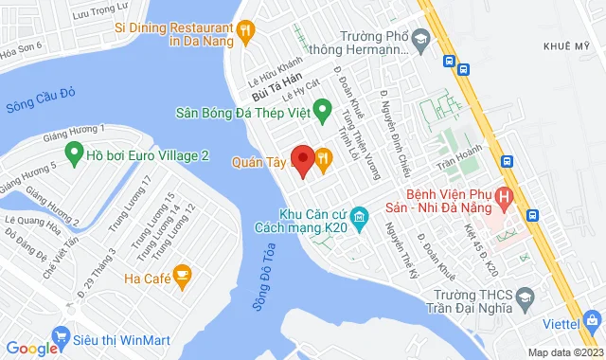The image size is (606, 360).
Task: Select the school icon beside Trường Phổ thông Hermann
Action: click(422, 40)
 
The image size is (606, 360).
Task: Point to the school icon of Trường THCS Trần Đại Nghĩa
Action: click(523, 301)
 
